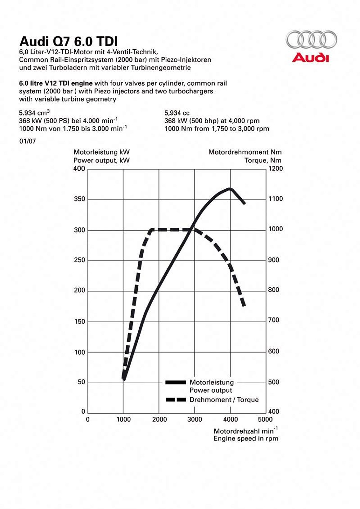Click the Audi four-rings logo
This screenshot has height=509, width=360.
pos(311,39)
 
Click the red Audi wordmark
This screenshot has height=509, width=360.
pos(310,58)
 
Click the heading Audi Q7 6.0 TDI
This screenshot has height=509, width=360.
pos(68,41)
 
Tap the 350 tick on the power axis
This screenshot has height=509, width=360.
pos(80,199)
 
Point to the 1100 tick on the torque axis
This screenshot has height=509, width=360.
pos(275,199)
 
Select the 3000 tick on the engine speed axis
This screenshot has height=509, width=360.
pos(195,419)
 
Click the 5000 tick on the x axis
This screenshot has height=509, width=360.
pos(265,419)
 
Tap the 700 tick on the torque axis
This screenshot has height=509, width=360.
pos(273,320)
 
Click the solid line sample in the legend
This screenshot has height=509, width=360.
pos(176,382)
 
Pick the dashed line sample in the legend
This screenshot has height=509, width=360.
pos(176,400)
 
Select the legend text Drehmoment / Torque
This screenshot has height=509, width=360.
pos(224,400)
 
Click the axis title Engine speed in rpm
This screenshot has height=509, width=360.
pos(246,438)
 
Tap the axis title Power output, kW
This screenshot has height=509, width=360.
pos(101,160)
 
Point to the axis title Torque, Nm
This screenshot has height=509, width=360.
pos(263,160)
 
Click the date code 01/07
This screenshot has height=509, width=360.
pos(27,141)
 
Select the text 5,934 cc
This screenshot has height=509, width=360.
pos(177,113)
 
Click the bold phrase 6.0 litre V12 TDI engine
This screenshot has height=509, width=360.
pos(56,83)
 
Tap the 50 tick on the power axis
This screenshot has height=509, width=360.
pos(81,382)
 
